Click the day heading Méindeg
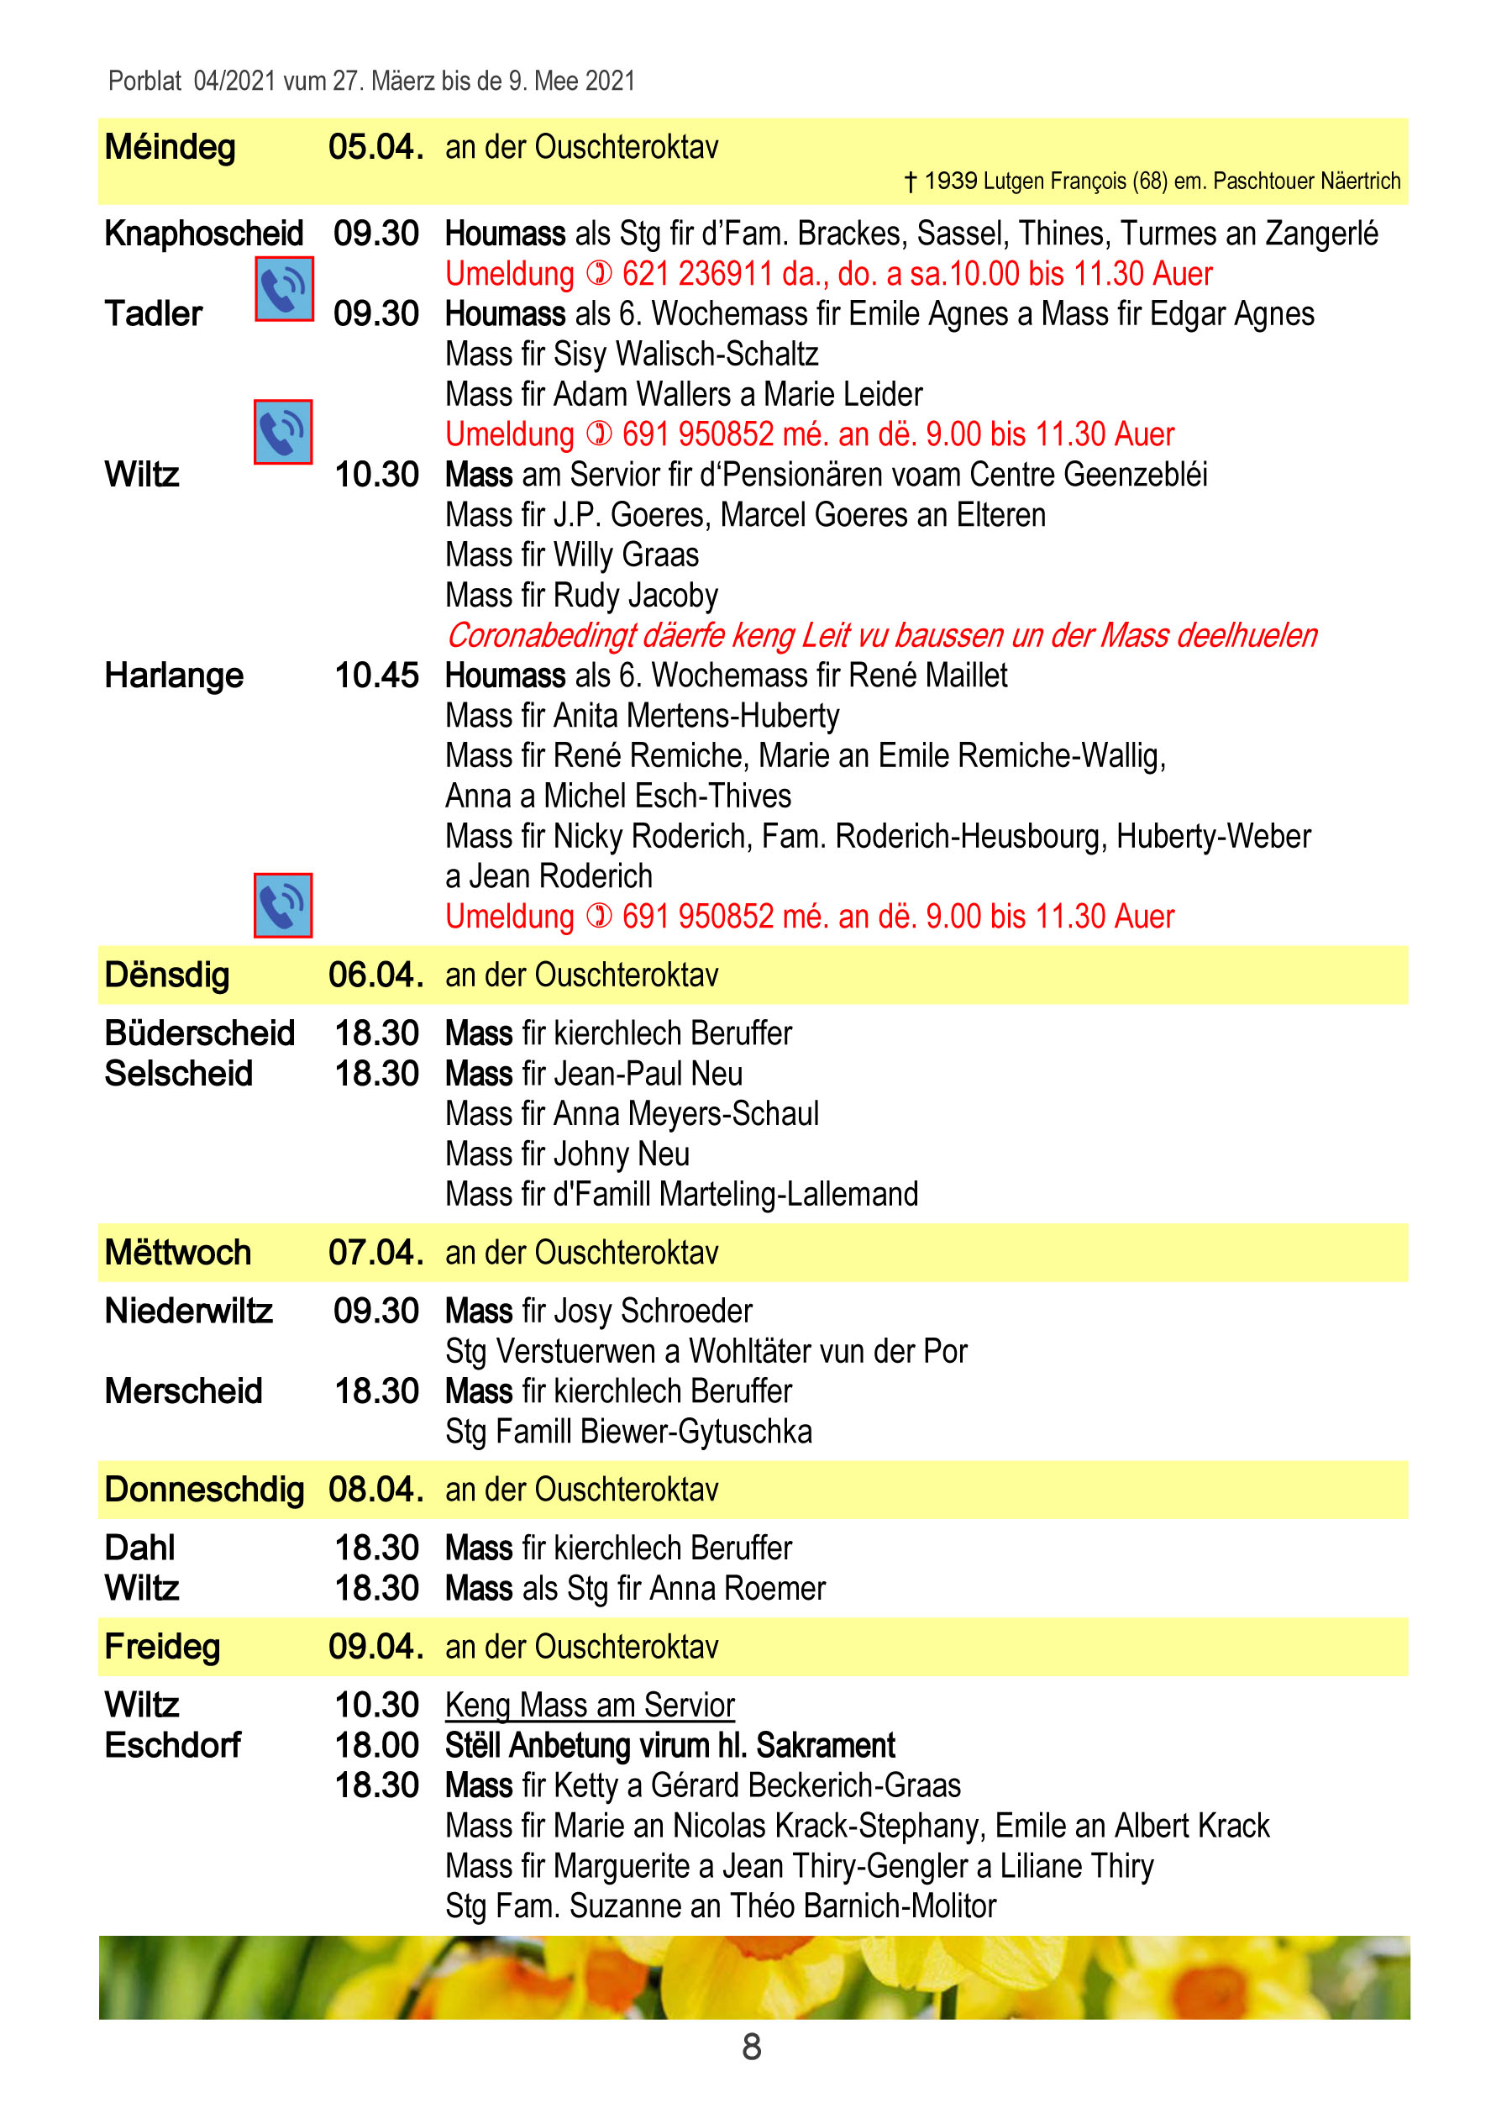coord(170,147)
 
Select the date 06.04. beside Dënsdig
coord(375,975)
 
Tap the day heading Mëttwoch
coord(178,1253)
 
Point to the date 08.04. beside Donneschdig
coord(375,1489)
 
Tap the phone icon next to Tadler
coord(284,290)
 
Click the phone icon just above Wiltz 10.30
coord(283,432)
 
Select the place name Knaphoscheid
coord(204,233)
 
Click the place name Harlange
coord(174,676)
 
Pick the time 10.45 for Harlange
coord(376,676)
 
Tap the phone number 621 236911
coord(697,274)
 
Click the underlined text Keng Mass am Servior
coord(590,1705)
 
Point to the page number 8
coord(751,2047)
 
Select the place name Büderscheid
coord(199,1033)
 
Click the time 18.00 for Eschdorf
coord(376,1745)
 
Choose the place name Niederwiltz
coord(188,1310)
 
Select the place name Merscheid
coord(183,1391)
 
